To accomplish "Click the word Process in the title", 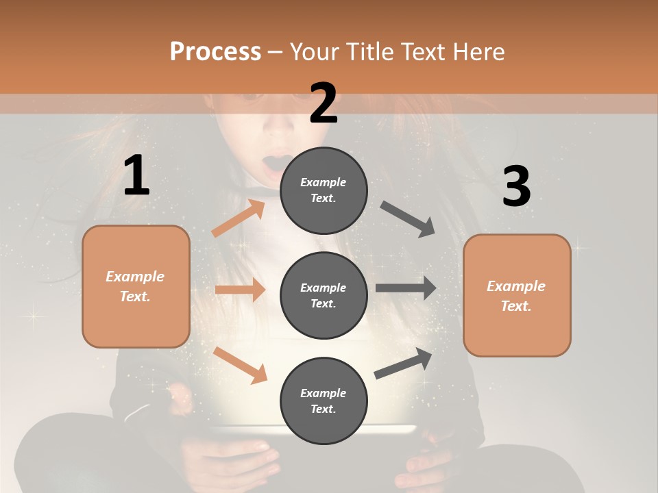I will click(215, 51).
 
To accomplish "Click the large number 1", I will click(136, 176).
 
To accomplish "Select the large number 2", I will click(324, 103).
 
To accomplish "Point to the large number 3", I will click(516, 187).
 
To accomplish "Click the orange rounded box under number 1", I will click(136, 286).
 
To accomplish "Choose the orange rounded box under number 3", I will click(517, 296).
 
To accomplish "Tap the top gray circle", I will click(324, 190).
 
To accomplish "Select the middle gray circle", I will click(324, 295).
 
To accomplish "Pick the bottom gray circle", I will click(324, 401).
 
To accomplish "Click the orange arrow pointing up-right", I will click(239, 218).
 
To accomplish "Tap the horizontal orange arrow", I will click(240, 290).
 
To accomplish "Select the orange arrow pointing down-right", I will click(241, 365).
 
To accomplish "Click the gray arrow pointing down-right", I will click(408, 219).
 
